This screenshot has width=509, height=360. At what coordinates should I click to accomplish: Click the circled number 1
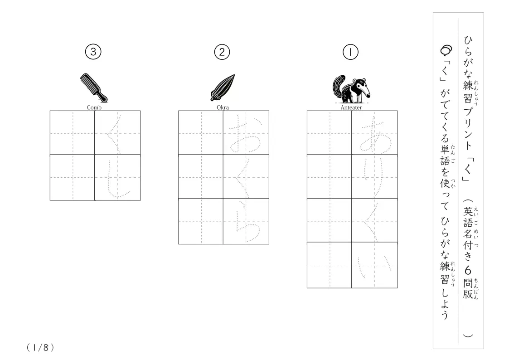(x=350, y=52)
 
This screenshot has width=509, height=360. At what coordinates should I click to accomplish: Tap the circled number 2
(x=222, y=52)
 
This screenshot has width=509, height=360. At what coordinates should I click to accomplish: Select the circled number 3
(x=93, y=52)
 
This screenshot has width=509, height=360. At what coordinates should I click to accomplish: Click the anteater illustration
(x=351, y=89)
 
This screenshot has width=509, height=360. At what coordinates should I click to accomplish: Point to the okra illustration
(x=223, y=88)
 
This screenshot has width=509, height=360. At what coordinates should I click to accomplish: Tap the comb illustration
(x=94, y=88)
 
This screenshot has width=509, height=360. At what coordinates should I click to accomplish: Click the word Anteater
(x=351, y=107)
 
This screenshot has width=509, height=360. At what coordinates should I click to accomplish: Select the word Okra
(x=223, y=107)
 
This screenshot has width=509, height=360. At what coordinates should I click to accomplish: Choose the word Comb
(x=94, y=107)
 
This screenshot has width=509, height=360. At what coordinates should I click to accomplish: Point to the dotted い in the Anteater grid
(x=375, y=266)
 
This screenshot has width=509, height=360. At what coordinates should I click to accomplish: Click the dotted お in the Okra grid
(x=246, y=134)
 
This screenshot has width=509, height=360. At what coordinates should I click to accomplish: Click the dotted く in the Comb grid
(x=114, y=134)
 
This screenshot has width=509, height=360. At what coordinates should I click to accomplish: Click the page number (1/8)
(x=40, y=348)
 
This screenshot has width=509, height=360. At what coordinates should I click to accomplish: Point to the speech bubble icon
(x=446, y=50)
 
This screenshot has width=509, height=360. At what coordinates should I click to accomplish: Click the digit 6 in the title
(x=467, y=270)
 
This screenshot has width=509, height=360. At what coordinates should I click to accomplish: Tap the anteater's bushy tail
(x=338, y=88)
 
